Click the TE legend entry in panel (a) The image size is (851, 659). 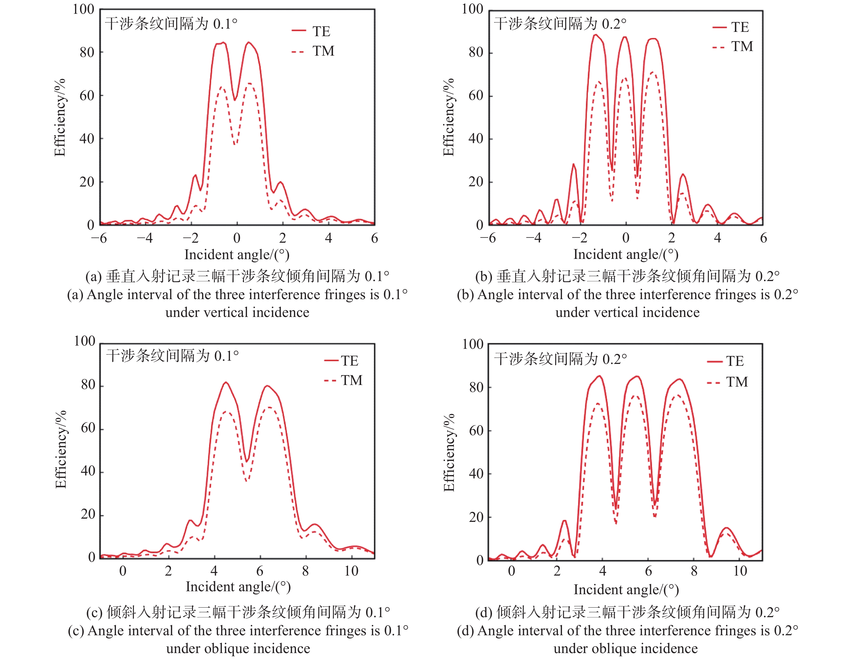coord(321,31)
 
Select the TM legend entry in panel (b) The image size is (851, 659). coord(742,46)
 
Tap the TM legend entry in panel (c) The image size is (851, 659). coord(351,380)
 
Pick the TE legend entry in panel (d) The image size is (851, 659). coord(735,361)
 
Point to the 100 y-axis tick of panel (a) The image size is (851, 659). coord(83,9)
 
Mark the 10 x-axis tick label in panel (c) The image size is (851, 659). coord(351,571)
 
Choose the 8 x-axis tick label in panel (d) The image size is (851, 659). coord(694,571)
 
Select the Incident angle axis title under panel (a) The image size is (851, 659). coord(237,255)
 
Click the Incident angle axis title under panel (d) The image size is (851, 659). coord(626,590)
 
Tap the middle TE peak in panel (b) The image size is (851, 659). coord(625,37)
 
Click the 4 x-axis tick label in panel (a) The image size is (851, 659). coord(329,238)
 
